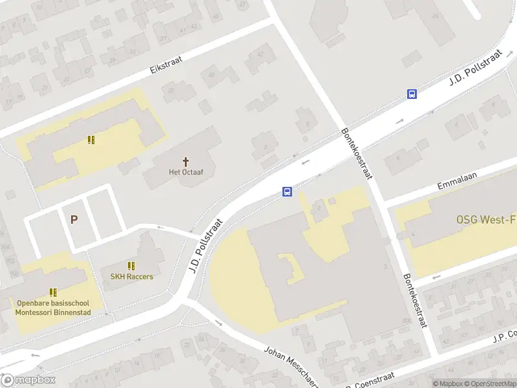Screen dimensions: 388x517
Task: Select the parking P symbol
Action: point(74,220)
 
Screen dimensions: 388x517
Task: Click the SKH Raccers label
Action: point(131,277)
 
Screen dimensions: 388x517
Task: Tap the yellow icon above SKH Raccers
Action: point(131,266)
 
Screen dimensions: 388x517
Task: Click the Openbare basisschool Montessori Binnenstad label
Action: point(53,308)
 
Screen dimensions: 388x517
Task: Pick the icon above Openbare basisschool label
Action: point(53,292)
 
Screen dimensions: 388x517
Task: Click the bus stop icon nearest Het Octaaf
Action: point(287,191)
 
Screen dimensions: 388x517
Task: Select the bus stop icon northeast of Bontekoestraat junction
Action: point(412,94)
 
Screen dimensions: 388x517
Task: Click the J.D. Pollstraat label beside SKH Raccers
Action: point(206,245)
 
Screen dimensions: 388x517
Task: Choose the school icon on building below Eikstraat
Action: point(91,140)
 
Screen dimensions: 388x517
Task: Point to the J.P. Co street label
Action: point(505,336)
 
